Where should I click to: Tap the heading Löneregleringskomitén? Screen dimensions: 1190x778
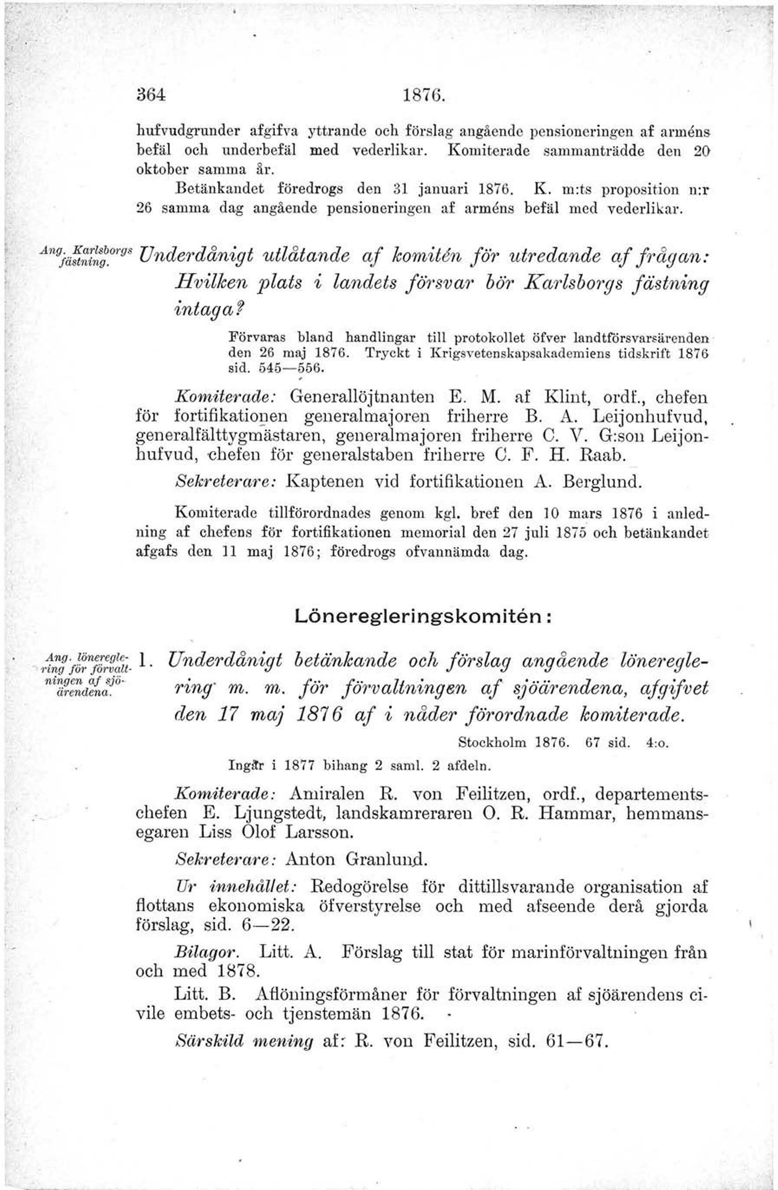click(x=423, y=617)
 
